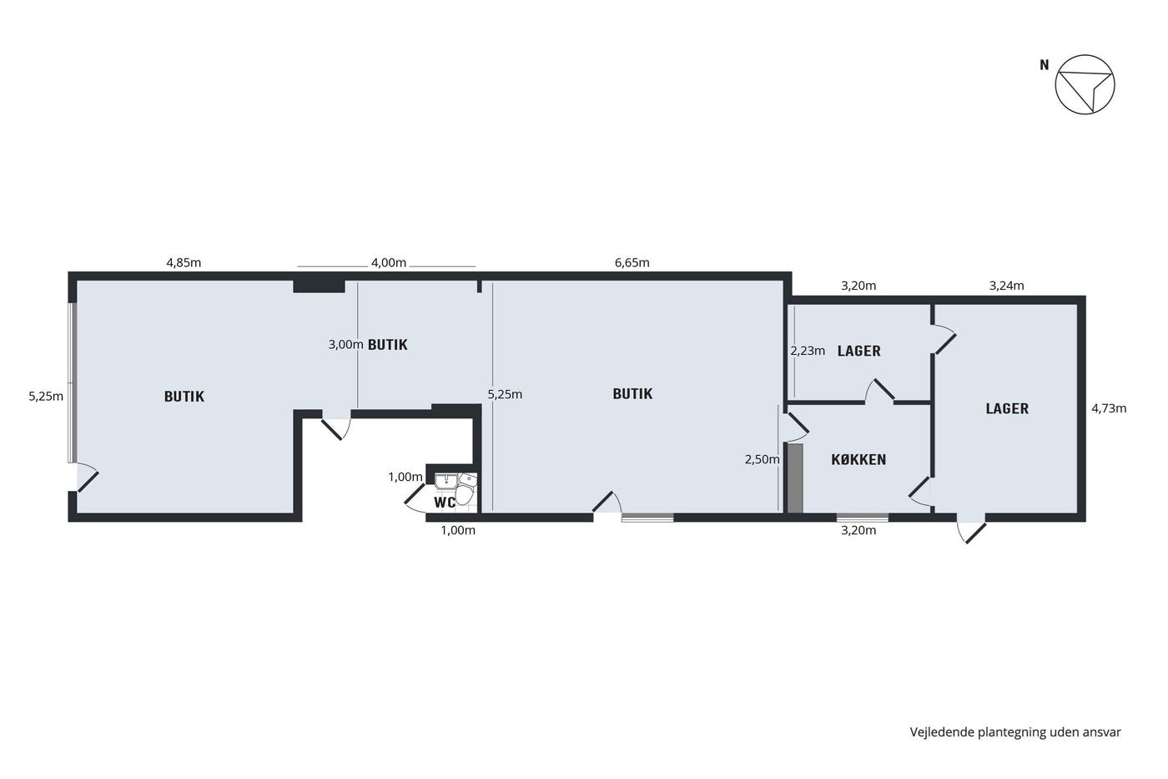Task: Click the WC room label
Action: [445, 502]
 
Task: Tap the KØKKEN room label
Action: [858, 460]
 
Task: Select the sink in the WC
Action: [445, 481]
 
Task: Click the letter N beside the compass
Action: [1044, 65]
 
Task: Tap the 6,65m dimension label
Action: [632, 262]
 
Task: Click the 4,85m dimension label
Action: [184, 262]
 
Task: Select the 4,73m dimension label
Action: [1109, 408]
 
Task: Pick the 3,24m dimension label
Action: [1006, 286]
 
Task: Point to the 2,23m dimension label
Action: [808, 352]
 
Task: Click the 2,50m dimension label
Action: [762, 460]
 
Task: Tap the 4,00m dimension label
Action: [389, 262]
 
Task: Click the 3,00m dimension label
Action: [345, 345]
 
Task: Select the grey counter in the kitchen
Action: [794, 478]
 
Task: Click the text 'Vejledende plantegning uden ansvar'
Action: [1015, 732]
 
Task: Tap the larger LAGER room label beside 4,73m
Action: [1007, 408]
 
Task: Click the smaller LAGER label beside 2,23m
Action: [858, 352]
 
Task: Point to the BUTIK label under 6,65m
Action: [632, 394]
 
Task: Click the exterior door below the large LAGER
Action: [971, 532]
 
